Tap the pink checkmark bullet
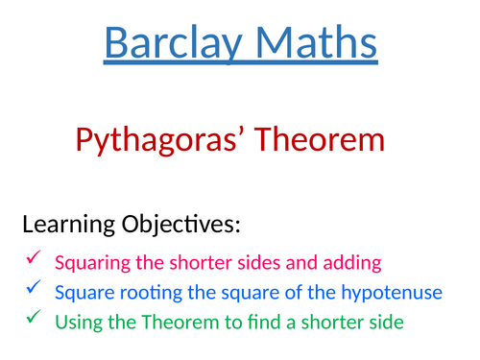coord(34,258)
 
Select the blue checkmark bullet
coord(34,288)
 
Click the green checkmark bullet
coord(34,318)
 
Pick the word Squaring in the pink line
coord(87,261)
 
